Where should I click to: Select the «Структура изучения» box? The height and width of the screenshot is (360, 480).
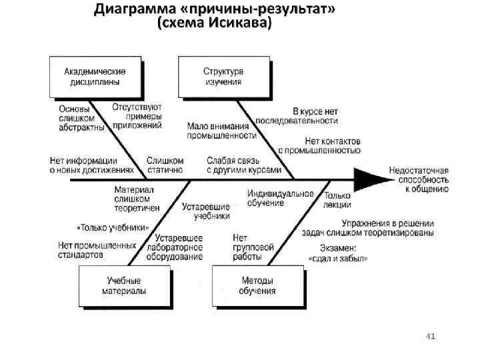[223, 77]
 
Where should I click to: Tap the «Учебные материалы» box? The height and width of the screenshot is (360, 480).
[124, 286]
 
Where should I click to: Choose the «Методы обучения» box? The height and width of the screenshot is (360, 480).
[257, 286]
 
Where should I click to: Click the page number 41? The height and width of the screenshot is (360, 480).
[430, 337]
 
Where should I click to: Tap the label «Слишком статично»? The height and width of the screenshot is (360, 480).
[164, 165]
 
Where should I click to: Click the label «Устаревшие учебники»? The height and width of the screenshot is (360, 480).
[207, 211]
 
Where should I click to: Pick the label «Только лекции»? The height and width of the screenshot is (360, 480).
[337, 200]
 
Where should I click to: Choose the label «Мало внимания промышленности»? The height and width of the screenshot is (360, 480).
[221, 130]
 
